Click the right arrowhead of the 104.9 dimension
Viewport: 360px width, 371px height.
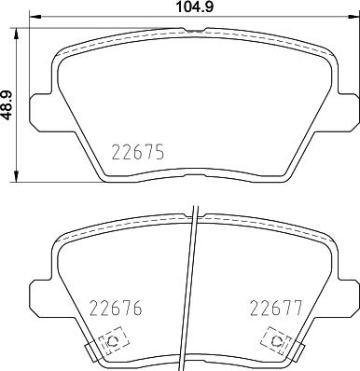point(352,20)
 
